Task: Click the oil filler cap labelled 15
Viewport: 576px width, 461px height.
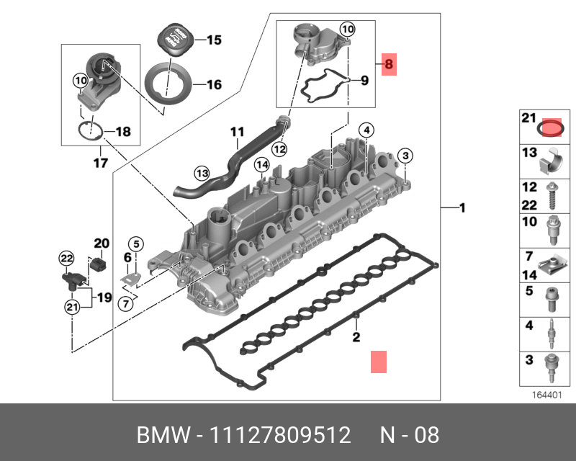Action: click(x=175, y=37)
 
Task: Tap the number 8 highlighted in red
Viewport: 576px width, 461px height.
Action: click(x=389, y=65)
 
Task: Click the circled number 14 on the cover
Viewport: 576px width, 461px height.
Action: click(x=262, y=166)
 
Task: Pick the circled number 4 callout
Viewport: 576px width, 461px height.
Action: click(x=366, y=130)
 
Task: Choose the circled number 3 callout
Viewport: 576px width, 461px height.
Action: click(x=405, y=156)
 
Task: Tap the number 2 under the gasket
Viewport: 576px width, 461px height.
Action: click(x=356, y=337)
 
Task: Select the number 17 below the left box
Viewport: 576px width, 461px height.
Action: click(x=101, y=164)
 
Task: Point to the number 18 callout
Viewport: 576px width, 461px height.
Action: click(x=123, y=132)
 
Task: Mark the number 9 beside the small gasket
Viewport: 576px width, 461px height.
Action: click(x=364, y=80)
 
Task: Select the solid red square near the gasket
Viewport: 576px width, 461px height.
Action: click(x=379, y=362)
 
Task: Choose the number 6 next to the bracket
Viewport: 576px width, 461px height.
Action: click(x=127, y=257)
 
